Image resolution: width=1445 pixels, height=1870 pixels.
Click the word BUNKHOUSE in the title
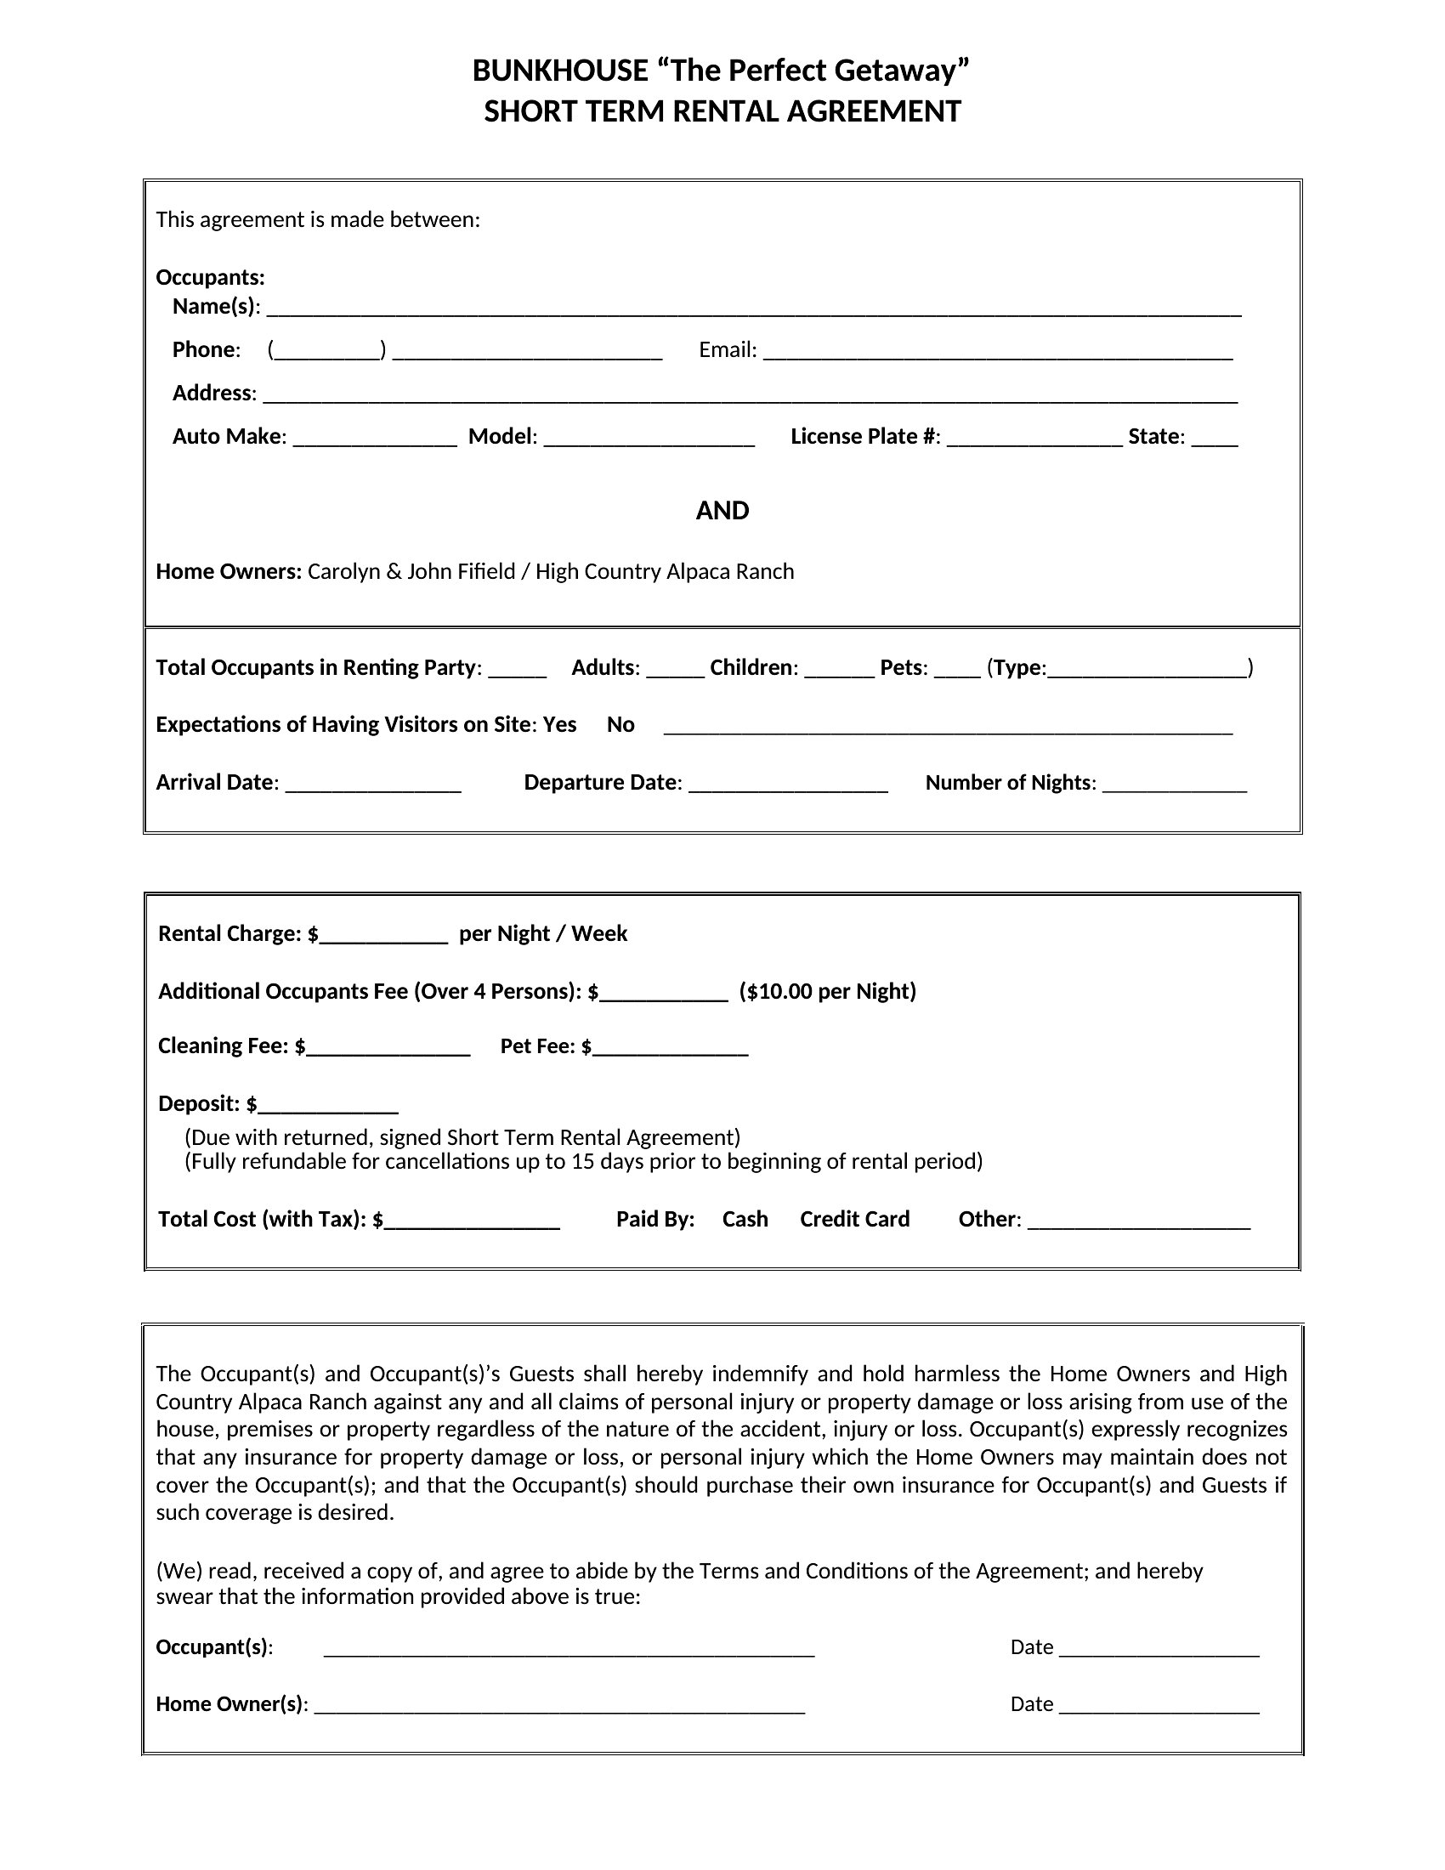coord(560,71)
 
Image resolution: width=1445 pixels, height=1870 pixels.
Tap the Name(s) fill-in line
coord(753,309)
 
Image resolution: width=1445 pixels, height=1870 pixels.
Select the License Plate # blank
coord(1034,439)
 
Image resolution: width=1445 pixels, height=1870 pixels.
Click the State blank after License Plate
coord(1214,439)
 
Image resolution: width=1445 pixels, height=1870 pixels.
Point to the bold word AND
coord(722,511)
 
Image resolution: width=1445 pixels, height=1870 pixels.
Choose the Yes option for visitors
coord(560,725)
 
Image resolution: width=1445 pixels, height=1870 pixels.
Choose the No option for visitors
coord(620,725)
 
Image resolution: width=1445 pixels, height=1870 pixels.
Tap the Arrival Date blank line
coord(373,785)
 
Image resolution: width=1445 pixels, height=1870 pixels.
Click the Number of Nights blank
coord(1175,785)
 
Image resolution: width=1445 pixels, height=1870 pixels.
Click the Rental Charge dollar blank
coord(382,936)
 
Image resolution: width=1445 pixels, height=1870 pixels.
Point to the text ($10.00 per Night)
coord(828,991)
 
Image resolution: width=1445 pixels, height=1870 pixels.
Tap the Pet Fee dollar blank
coord(671,1049)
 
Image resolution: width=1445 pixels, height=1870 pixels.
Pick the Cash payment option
coord(745,1219)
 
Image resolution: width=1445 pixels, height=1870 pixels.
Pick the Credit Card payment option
coord(854,1219)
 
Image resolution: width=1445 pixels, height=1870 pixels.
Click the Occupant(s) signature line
coord(569,1650)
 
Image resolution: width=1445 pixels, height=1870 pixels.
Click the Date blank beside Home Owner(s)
coord(1159,1707)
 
